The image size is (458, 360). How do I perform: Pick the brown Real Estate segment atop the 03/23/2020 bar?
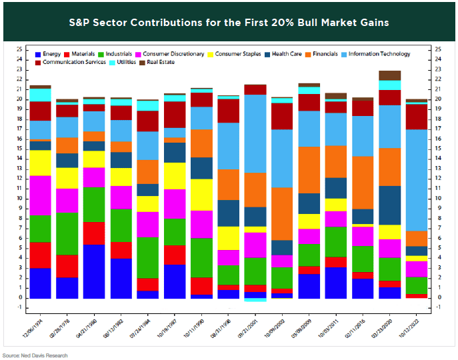point(389,75)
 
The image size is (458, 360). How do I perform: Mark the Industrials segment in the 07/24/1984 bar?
point(147,257)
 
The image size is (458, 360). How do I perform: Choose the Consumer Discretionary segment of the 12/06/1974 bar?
point(40,195)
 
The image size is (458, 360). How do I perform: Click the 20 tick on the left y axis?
point(20,99)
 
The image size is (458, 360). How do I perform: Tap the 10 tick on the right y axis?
point(437,199)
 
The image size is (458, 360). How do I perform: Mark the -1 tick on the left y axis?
point(20,308)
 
